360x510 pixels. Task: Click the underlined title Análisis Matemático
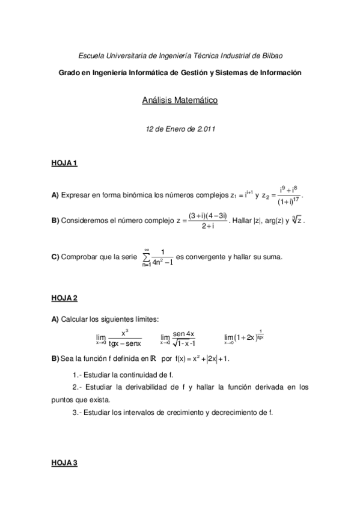tap(180, 100)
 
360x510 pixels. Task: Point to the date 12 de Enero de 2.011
tap(180, 129)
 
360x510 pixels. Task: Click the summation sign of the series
tap(146, 257)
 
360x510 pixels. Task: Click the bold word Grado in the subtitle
tap(69, 72)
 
